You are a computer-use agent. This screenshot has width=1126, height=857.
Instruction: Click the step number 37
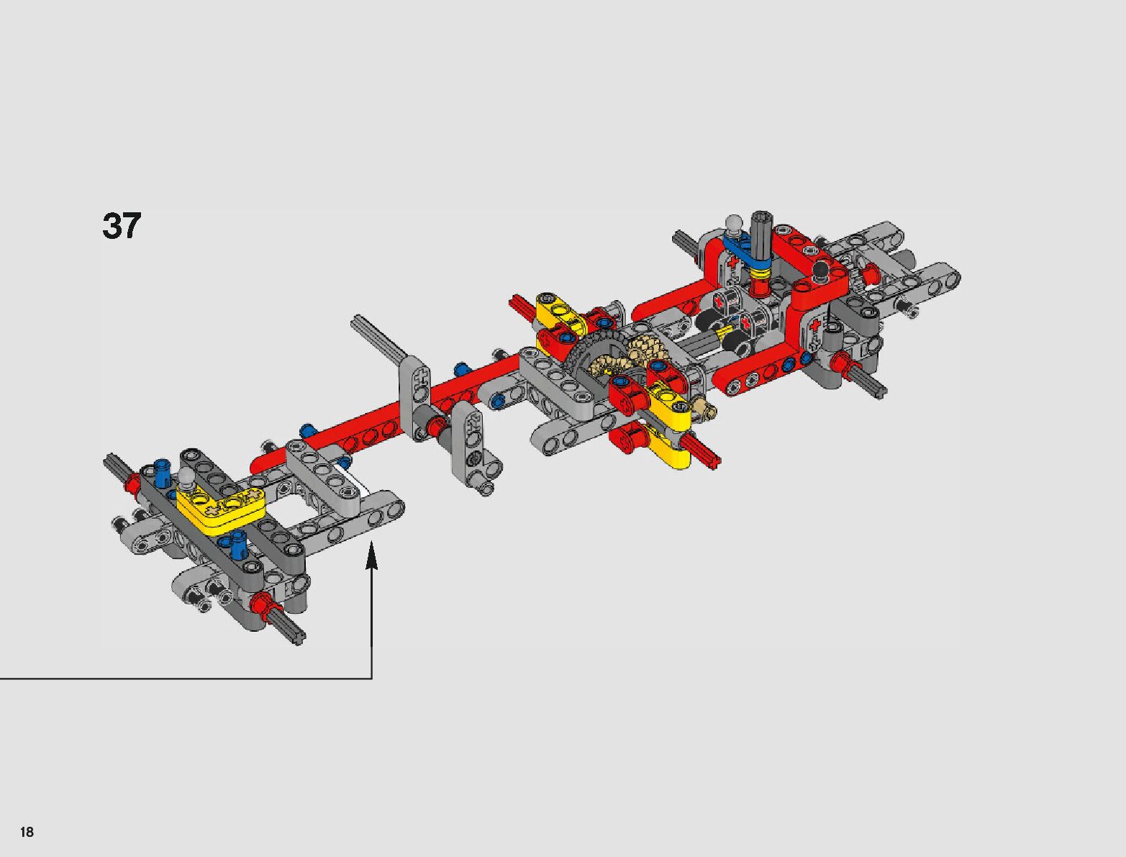click(122, 226)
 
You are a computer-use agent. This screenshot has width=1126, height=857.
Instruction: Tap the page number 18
click(27, 832)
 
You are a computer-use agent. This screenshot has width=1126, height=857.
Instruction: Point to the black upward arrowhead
click(371, 557)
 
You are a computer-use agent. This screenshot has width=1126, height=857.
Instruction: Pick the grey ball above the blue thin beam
click(734, 223)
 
